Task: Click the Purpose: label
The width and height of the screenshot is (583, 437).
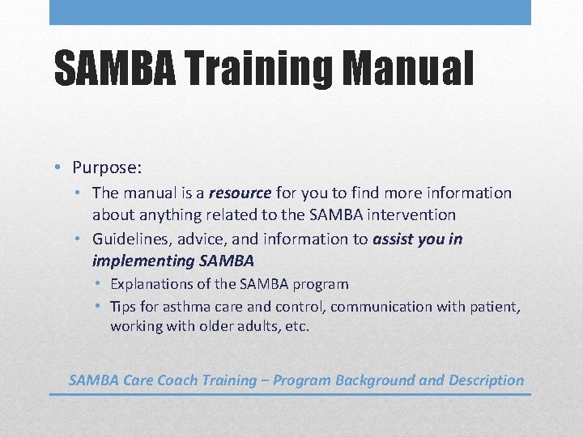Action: tap(107, 168)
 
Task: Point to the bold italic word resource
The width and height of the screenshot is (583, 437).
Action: tap(240, 193)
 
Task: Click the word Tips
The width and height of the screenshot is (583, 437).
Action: tap(123, 307)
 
